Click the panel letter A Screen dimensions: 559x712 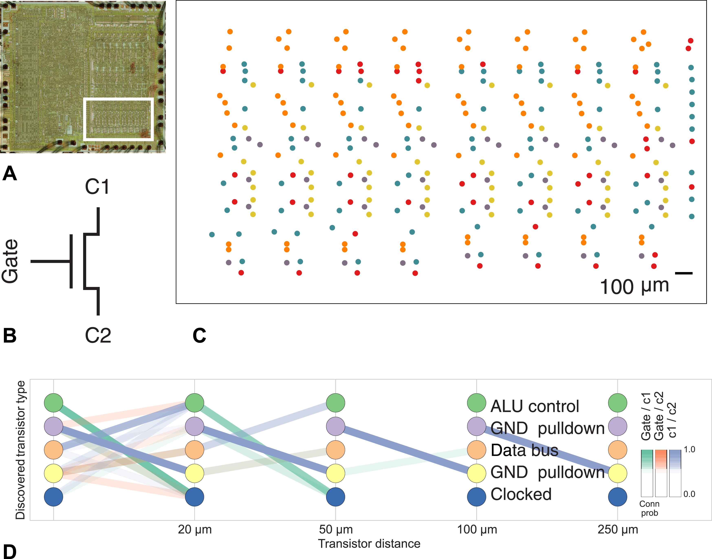click(x=10, y=173)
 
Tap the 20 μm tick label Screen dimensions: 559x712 click(x=195, y=529)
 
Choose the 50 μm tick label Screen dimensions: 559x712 click(x=336, y=529)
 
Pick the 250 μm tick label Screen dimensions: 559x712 click(x=618, y=529)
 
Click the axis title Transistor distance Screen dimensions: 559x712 click(x=369, y=544)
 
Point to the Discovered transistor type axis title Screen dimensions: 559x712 click(x=20, y=450)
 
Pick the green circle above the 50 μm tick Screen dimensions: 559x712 click(x=336, y=402)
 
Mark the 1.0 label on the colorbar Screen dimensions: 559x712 click(x=689, y=449)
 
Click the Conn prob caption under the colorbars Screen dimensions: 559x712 click(x=649, y=508)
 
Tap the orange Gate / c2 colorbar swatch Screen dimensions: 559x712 click(x=661, y=459)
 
